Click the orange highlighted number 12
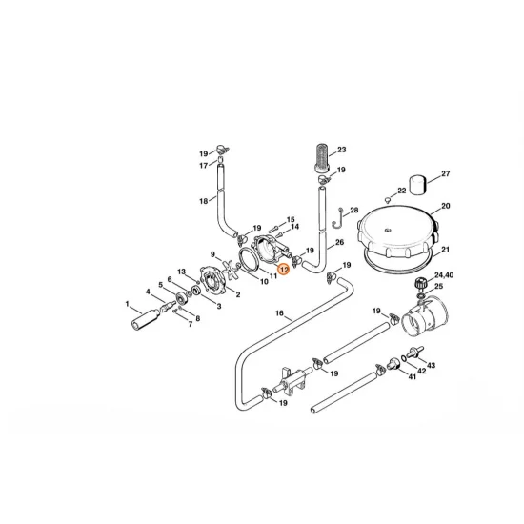coord(284,270)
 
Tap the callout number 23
coord(342,150)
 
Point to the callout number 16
coord(279,313)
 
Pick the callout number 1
coord(128,305)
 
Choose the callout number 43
coord(430,366)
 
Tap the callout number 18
coord(203,201)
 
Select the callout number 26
coord(339,244)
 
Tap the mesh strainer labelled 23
coord(321,157)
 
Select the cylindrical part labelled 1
coord(149,316)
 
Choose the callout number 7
coord(190,323)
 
